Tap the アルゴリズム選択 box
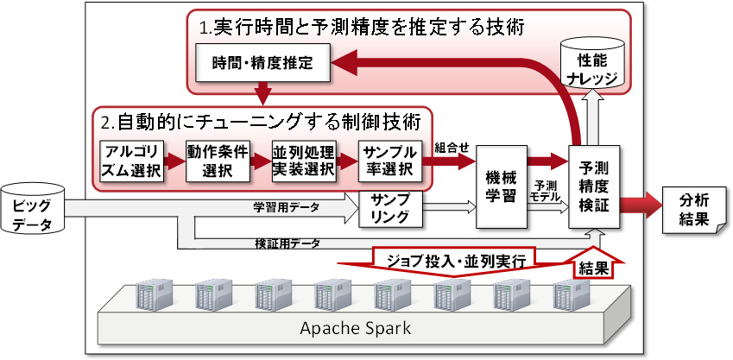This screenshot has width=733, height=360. click(130, 160)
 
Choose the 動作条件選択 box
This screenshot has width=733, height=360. click(218, 160)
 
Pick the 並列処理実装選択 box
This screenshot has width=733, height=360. click(302, 160)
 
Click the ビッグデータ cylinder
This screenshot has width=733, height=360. click(34, 208)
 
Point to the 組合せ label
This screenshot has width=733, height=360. click(452, 147)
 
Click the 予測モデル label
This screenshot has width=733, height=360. click(546, 192)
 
